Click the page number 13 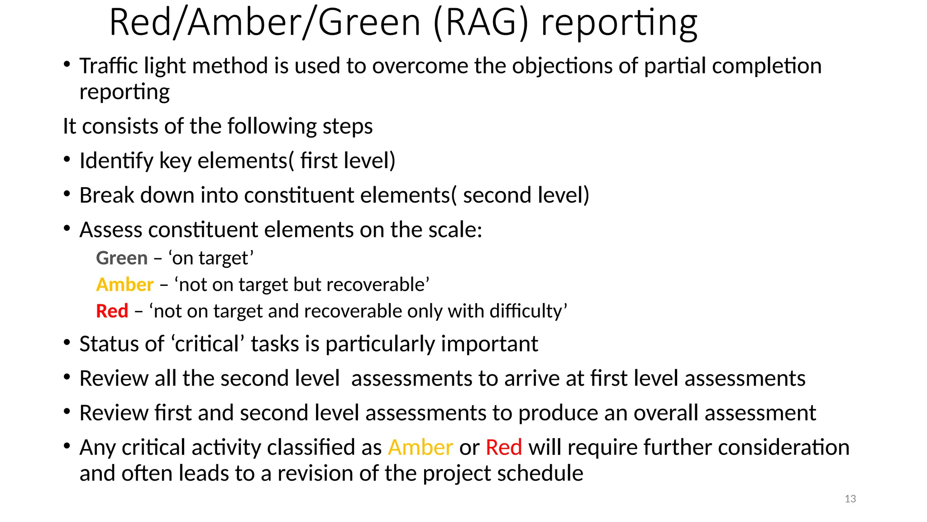850,499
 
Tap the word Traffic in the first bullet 109,66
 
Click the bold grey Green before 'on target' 122,258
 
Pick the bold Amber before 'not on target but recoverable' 125,285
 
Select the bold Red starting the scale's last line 112,311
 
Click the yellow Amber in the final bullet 420,448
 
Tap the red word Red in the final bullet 504,448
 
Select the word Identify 116,161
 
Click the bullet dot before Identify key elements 67,160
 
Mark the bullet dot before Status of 67,343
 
